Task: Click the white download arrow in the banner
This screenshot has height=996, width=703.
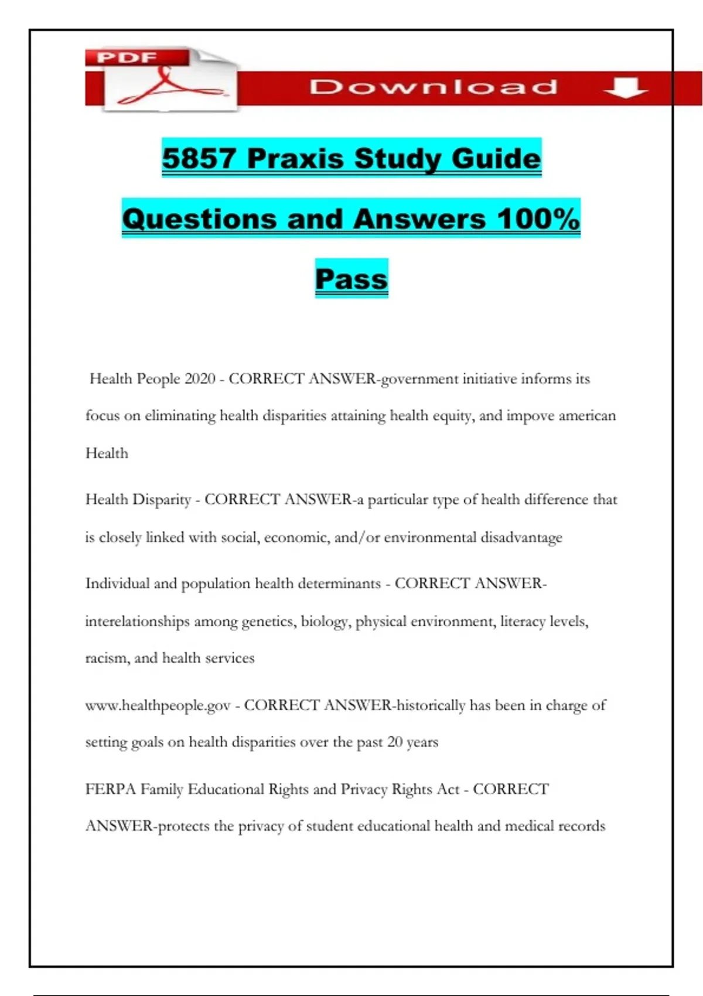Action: pyautogui.click(x=625, y=88)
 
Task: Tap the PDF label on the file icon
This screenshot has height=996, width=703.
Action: pyautogui.click(x=127, y=58)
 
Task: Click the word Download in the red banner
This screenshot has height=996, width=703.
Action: pyautogui.click(x=433, y=87)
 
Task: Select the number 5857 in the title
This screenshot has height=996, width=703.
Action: pyautogui.click(x=199, y=158)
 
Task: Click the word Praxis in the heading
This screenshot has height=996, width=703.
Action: pyautogui.click(x=295, y=158)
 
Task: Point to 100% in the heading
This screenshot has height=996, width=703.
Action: pyautogui.click(x=538, y=219)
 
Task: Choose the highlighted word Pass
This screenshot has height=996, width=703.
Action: pyautogui.click(x=351, y=279)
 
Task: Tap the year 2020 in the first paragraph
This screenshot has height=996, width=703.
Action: pyautogui.click(x=200, y=379)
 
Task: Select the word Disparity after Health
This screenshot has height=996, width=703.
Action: pyautogui.click(x=162, y=500)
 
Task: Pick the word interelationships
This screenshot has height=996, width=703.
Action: pyautogui.click(x=137, y=621)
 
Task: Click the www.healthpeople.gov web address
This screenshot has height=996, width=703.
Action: pyautogui.click(x=158, y=705)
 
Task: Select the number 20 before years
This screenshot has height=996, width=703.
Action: pyautogui.click(x=395, y=742)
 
